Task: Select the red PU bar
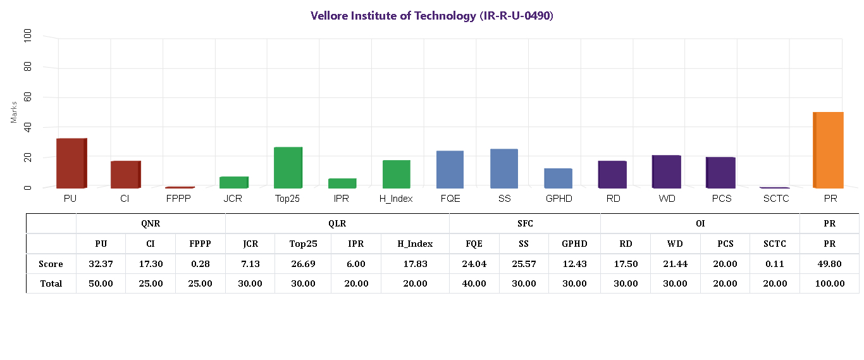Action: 71,163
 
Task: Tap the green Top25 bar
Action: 288,168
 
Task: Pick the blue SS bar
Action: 504,168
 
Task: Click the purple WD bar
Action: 666,171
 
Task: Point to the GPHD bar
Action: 558,178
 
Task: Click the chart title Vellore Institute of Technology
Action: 432,16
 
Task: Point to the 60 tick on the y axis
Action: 28,97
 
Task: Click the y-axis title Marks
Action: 14,111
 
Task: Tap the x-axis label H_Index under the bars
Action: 396,199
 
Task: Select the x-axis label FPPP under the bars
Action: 179,199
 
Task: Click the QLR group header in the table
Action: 337,223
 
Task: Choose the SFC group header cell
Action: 524,223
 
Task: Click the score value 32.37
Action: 101,264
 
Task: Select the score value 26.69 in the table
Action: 303,264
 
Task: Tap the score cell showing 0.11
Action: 774,264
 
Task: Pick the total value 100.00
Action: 829,283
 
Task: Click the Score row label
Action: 51,264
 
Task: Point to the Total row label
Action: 51,283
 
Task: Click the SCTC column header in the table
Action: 774,244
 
